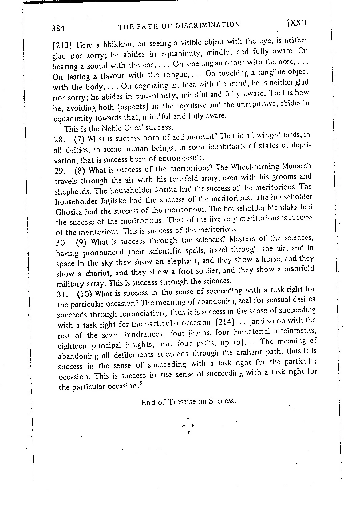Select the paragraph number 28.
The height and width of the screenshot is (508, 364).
click(59, 140)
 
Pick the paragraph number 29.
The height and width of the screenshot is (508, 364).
click(59, 171)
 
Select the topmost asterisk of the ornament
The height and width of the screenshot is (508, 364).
click(188, 419)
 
